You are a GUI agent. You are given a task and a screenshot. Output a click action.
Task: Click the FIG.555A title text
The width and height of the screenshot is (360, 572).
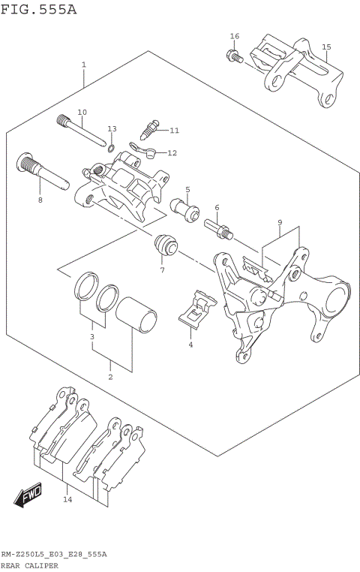click(x=38, y=10)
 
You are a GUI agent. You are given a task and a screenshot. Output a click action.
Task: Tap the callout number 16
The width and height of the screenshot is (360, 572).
click(x=235, y=36)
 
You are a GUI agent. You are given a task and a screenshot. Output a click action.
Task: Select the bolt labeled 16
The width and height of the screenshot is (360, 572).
click(x=232, y=55)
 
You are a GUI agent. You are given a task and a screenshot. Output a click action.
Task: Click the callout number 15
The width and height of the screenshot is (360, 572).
click(x=326, y=47)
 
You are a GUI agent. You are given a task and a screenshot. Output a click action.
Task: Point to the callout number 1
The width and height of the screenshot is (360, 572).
click(x=84, y=65)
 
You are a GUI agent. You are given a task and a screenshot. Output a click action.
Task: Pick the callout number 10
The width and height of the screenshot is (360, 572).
click(x=82, y=112)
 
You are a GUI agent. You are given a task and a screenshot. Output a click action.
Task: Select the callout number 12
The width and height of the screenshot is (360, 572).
click(x=172, y=152)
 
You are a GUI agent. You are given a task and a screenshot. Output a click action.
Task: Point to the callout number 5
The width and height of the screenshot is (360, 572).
click(x=187, y=190)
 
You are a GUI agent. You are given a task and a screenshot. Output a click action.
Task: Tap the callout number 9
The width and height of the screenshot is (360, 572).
click(x=279, y=222)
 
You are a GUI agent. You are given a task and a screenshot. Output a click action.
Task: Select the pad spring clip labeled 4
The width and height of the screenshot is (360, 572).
click(x=198, y=309)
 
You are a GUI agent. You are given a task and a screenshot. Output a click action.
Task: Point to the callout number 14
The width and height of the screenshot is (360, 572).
click(x=67, y=499)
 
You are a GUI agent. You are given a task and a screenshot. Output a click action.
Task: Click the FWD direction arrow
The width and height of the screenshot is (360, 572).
click(x=28, y=496)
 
